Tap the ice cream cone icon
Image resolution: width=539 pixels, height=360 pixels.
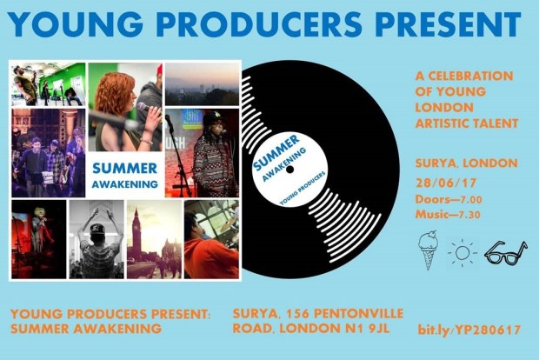(x=427, y=250)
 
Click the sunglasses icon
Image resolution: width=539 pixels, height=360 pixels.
(x=504, y=252)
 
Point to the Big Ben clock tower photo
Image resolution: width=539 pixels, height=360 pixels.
(x=154, y=238)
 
